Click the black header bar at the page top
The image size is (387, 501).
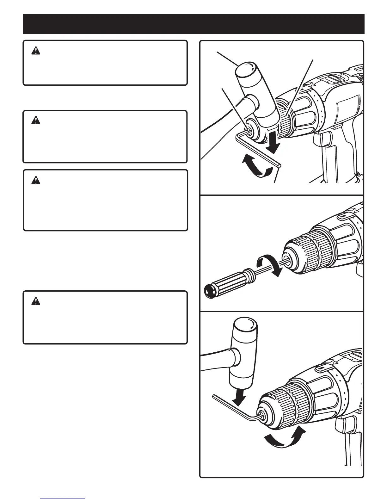[193, 24]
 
